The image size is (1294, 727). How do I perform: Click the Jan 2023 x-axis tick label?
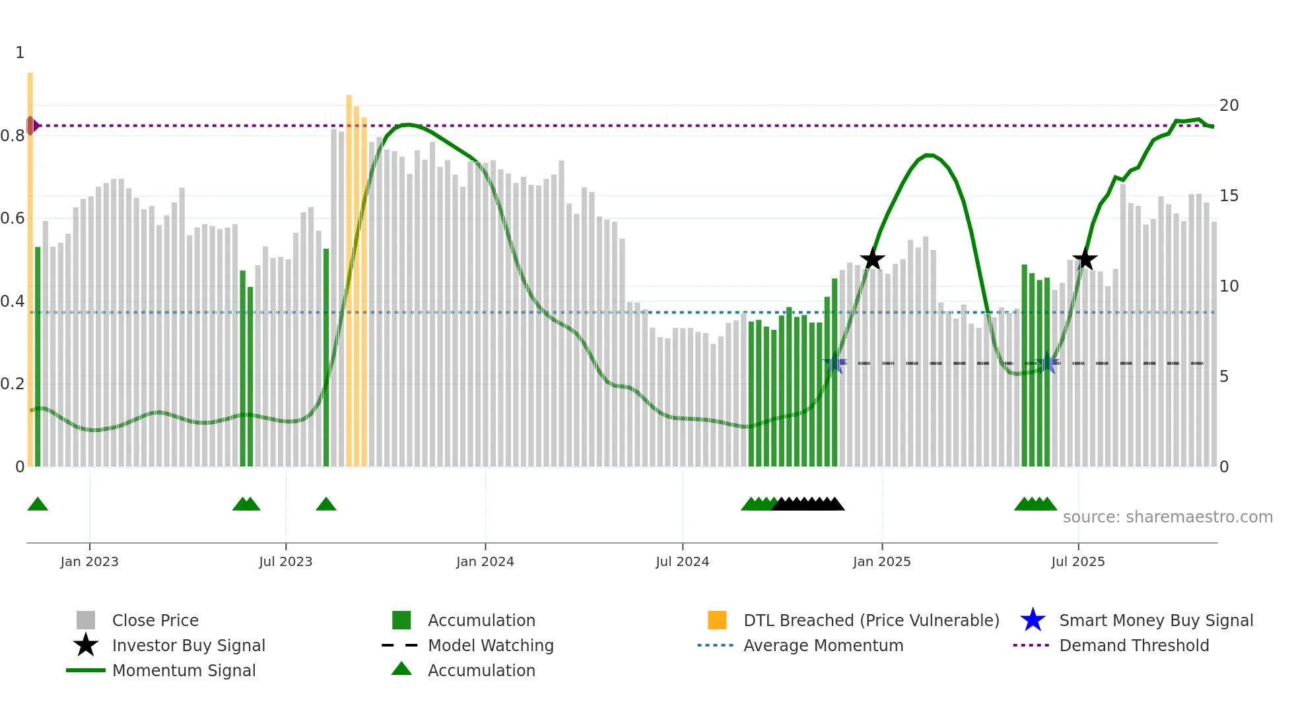[x=89, y=561]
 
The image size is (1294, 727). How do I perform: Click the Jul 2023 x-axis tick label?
[x=285, y=561]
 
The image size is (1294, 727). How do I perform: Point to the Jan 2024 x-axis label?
[x=485, y=561]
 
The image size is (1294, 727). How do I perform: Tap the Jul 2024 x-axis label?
[x=682, y=561]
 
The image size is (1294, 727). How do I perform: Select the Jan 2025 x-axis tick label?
[x=881, y=561]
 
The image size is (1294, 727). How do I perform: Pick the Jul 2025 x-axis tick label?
[x=1077, y=561]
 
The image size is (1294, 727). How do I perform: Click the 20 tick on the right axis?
[x=1229, y=106]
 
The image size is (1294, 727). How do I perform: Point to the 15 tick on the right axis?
[x=1229, y=196]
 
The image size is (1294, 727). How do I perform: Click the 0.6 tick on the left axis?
[x=13, y=218]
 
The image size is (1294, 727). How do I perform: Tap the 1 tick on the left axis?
[x=20, y=53]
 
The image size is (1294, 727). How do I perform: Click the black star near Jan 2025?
[x=872, y=259]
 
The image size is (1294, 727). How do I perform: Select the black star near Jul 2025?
[x=1085, y=259]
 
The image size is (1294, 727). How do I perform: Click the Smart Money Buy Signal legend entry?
[x=1155, y=620]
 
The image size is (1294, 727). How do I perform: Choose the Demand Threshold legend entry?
[x=1134, y=645]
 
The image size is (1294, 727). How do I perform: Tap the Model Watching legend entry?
[x=490, y=645]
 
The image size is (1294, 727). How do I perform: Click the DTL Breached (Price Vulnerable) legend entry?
[x=871, y=620]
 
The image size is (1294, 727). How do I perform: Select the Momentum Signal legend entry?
[x=184, y=670]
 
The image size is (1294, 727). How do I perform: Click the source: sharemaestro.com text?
[x=1167, y=517]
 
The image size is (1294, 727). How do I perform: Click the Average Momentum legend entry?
[x=823, y=645]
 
